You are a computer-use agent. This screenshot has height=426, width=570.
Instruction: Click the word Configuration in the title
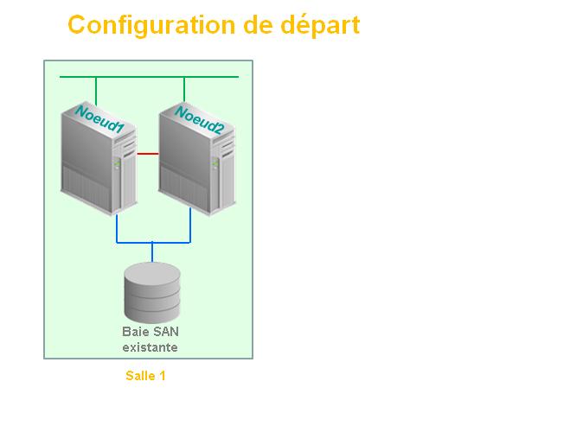pyautogui.click(x=151, y=25)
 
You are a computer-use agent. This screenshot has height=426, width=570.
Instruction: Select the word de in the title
pyautogui.click(x=258, y=25)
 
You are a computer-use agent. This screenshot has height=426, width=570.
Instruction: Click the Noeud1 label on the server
pyautogui.click(x=99, y=119)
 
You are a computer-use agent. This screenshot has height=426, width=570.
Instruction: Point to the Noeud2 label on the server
pyautogui.click(x=198, y=120)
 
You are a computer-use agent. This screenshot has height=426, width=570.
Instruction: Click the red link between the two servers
pyautogui.click(x=148, y=154)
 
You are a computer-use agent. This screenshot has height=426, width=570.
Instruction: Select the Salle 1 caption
pyautogui.click(x=145, y=376)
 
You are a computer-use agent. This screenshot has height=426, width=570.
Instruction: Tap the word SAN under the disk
pyautogui.click(x=164, y=332)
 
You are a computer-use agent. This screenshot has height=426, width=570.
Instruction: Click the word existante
pyautogui.click(x=151, y=347)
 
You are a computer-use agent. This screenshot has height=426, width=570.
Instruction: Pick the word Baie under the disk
pyautogui.click(x=134, y=332)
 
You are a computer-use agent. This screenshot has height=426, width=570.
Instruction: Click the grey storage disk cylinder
pyautogui.click(x=152, y=292)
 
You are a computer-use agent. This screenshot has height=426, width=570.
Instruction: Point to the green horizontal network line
pyautogui.click(x=149, y=77)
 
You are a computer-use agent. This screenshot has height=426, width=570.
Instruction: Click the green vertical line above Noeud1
pyautogui.click(x=96, y=91)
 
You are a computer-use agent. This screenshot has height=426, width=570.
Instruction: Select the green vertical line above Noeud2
pyautogui.click(x=184, y=89)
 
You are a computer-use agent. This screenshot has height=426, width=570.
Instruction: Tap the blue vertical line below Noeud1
pyautogui.click(x=117, y=228)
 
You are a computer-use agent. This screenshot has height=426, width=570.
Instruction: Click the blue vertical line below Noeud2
pyautogui.click(x=190, y=225)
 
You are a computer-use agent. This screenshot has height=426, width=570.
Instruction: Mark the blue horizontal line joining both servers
pyautogui.click(x=153, y=242)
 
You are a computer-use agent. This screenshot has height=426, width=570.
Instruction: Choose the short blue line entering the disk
pyautogui.click(x=152, y=252)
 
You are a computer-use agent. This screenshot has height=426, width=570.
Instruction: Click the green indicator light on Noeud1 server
pyautogui.click(x=117, y=162)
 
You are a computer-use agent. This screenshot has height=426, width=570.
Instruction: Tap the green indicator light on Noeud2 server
pyautogui.click(x=215, y=162)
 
